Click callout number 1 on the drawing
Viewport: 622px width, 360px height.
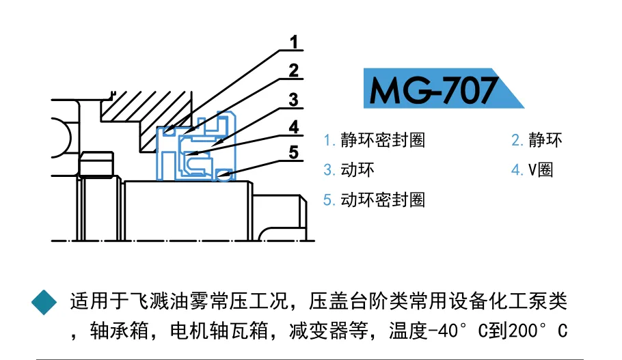tap(294, 43)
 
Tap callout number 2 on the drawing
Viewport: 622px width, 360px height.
tap(294, 70)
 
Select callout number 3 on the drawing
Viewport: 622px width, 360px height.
tap(294, 100)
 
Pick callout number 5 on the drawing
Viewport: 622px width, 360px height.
tap(294, 152)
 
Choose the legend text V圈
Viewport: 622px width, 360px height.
tap(541, 169)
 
